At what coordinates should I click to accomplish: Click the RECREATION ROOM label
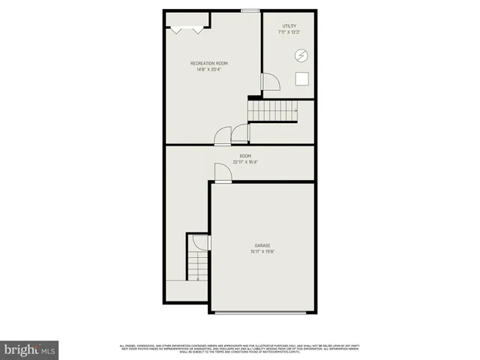211,63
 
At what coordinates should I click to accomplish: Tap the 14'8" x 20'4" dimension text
211,70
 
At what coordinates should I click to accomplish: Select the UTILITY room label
289,26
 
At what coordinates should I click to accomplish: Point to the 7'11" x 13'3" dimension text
289,32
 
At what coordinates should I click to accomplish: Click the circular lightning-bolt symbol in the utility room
301,55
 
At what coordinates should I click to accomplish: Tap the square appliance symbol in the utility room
303,79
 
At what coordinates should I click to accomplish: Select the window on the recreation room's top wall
250,10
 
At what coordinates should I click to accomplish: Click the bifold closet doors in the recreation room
187,29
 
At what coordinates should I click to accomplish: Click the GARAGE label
262,245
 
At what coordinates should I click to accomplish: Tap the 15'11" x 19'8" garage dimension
262,252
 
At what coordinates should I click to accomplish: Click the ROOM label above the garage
246,156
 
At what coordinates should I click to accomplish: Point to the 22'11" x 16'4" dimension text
246,162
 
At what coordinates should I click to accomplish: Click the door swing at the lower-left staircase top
199,242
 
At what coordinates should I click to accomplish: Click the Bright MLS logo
29,349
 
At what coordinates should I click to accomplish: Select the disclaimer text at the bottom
240,348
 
